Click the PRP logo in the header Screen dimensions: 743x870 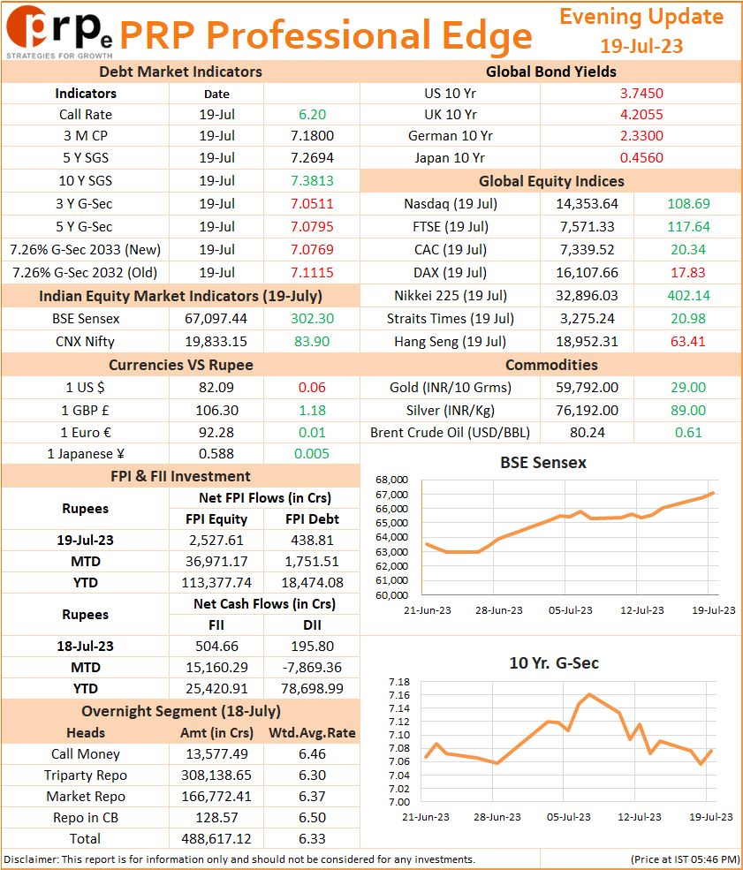click(x=59, y=31)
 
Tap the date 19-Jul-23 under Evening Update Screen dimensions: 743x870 click(x=641, y=46)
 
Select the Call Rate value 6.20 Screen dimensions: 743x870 click(x=313, y=114)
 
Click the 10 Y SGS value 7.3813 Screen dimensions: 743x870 click(x=313, y=181)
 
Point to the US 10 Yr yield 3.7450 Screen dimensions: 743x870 click(x=641, y=94)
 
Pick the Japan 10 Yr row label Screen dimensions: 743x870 click(x=450, y=157)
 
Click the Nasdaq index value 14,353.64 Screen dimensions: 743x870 click(x=588, y=204)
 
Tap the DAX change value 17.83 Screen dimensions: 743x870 click(x=688, y=272)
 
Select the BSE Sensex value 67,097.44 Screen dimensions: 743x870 click(x=216, y=319)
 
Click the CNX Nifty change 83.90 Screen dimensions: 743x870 click(x=312, y=341)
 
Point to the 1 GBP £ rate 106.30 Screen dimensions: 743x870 click(x=217, y=410)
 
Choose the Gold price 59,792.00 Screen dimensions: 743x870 click(x=588, y=387)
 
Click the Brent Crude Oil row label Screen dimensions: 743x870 click(x=450, y=432)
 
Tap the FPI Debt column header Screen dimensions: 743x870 click(x=313, y=518)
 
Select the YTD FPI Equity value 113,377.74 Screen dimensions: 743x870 click(x=216, y=583)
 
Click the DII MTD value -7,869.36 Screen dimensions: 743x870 click(x=312, y=667)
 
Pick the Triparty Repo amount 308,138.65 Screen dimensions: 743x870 click(x=216, y=775)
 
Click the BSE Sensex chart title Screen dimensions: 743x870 click(x=543, y=462)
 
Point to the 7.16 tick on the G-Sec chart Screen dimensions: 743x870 click(x=399, y=694)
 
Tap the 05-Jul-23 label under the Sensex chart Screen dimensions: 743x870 click(x=571, y=610)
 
